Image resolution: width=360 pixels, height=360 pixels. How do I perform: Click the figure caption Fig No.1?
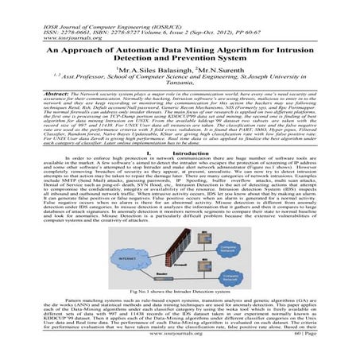point(180,305)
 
